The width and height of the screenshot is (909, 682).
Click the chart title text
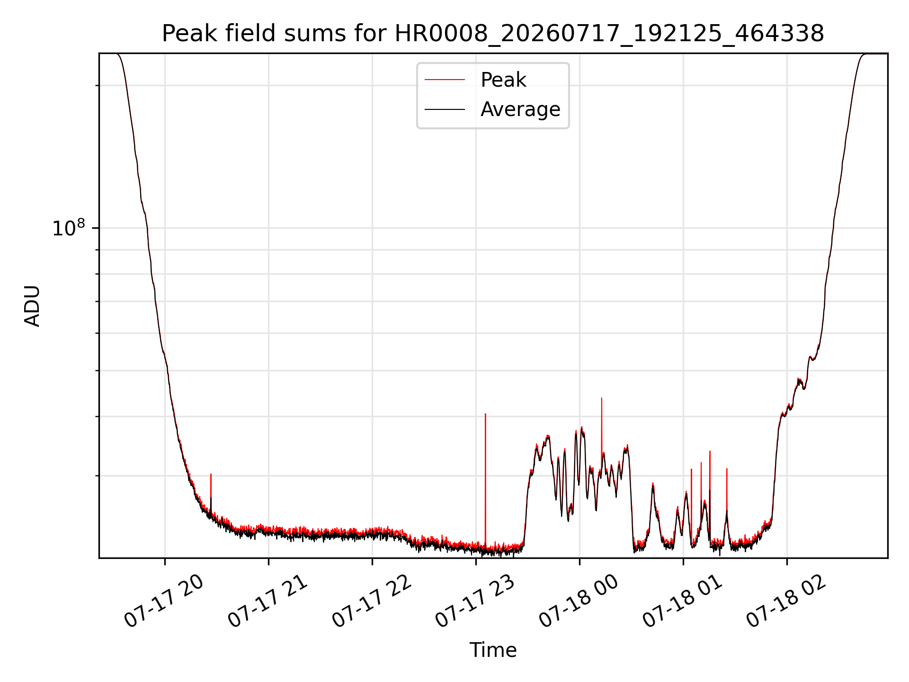(493, 34)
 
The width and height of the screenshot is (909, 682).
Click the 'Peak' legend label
(503, 80)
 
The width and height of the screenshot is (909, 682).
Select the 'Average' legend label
(520, 109)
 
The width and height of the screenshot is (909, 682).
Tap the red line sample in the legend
(445, 80)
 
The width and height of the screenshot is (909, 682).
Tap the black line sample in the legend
(445, 109)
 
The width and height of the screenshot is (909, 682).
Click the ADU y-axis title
(32, 306)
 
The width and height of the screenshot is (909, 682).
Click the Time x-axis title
(493, 650)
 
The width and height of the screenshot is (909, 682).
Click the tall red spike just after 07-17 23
(485, 478)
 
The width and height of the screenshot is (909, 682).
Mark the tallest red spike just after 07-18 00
(602, 426)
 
